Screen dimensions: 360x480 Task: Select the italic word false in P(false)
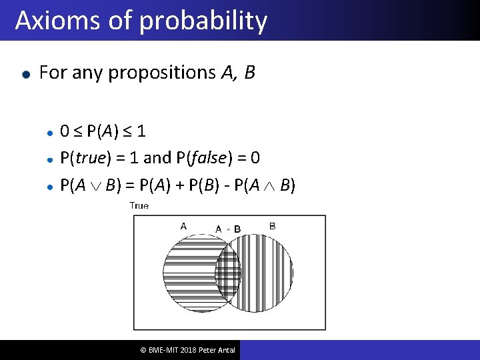(213, 158)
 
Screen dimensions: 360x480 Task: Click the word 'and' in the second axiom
(157, 158)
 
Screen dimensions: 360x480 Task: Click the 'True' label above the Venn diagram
(139, 206)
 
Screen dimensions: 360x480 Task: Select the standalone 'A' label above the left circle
(183, 226)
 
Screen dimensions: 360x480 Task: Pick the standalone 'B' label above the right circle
(272, 226)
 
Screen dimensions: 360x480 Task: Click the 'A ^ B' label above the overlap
(228, 229)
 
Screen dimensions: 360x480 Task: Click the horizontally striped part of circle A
(190, 273)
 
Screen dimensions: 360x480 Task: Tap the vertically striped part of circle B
(267, 273)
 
